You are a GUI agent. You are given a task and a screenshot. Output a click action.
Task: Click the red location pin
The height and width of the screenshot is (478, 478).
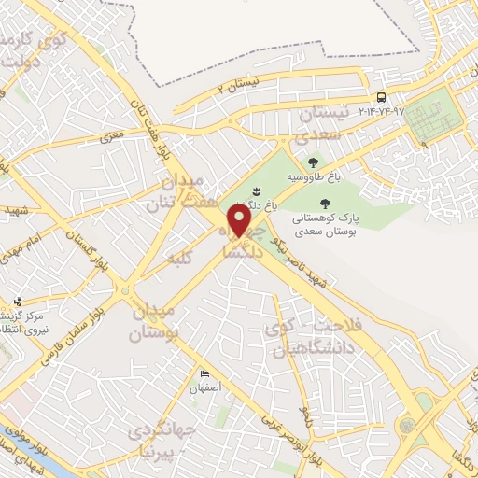point(241,220)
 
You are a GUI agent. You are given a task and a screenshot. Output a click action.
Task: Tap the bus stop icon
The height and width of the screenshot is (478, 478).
point(381,98)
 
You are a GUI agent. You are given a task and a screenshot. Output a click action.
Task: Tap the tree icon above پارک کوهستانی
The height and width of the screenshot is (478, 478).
point(325,203)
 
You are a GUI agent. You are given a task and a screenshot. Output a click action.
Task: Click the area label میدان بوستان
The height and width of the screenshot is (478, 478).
point(155,321)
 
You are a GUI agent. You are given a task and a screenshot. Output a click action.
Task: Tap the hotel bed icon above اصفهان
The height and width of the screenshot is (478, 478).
point(204,374)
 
